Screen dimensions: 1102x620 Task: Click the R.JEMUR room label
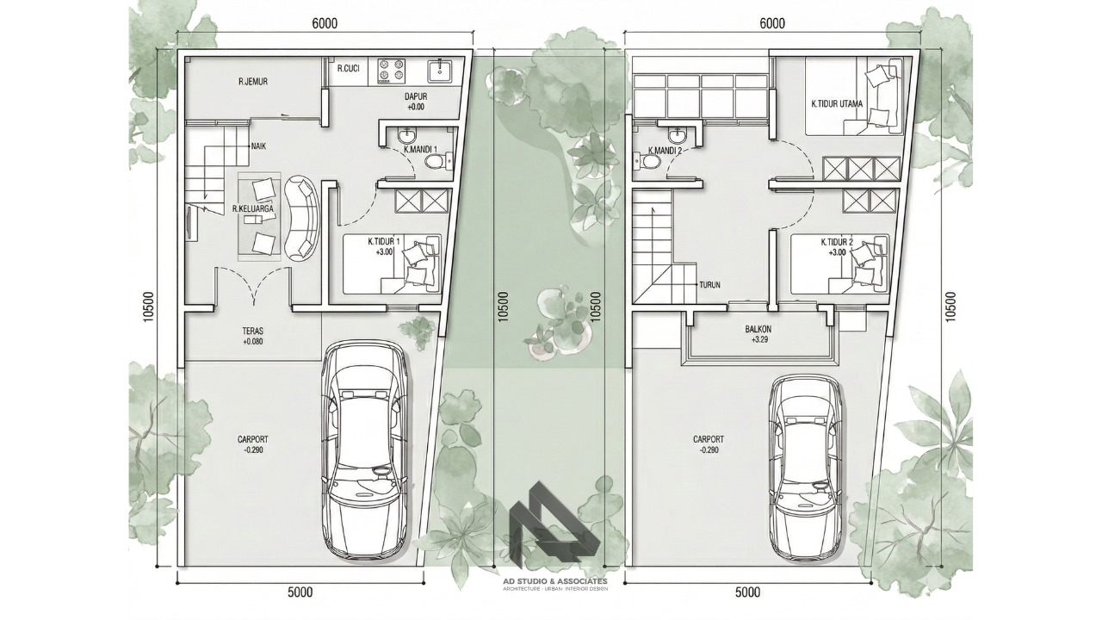[x=253, y=82]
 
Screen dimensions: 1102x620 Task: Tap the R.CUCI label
[x=349, y=68]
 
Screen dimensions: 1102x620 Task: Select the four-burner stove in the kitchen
[x=391, y=71]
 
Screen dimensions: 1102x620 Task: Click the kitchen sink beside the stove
[x=440, y=71]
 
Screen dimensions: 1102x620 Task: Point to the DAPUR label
[x=416, y=97]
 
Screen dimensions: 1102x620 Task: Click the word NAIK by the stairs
[x=259, y=146]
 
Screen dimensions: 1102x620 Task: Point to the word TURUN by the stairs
[x=710, y=284]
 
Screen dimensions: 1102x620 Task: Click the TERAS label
[x=252, y=332]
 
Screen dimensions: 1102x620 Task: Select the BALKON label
[x=758, y=329]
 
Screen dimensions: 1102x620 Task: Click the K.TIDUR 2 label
[x=837, y=242]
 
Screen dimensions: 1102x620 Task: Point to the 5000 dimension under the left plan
[x=300, y=592]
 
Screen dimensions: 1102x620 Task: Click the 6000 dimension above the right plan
[x=772, y=23]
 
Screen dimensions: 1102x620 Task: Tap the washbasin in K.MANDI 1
[x=406, y=133]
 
